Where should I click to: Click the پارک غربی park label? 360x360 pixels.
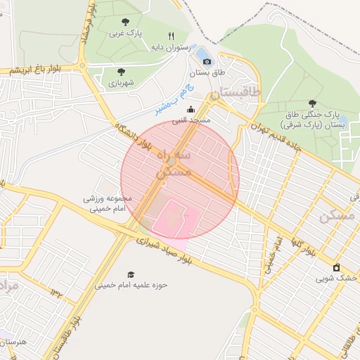point(125,33)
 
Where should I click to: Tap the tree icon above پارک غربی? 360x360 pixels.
point(125,22)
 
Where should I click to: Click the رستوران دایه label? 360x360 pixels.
point(170,47)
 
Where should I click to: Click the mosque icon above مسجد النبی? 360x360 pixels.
point(191,109)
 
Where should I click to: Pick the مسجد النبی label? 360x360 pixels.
point(192,120)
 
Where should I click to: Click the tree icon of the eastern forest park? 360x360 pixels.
point(312,102)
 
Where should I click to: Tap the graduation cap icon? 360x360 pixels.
point(131,274)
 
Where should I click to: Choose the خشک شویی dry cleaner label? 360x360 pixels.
point(336,278)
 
